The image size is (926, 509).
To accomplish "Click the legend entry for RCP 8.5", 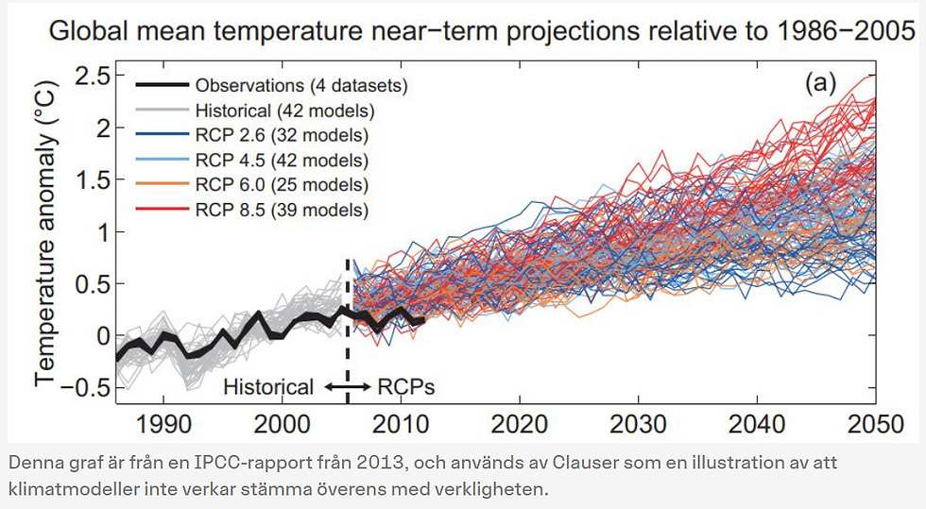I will pos(282,209).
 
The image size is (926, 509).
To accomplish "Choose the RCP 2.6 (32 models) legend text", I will pos(282,135).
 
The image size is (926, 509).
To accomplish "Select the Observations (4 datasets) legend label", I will pos(300,86).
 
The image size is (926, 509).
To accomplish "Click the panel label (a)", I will pos(820,82).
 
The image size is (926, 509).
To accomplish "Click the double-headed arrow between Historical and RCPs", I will pos(346,386).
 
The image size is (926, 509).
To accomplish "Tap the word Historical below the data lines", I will pos(267,386).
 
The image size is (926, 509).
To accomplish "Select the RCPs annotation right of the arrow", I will pos(406,386).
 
